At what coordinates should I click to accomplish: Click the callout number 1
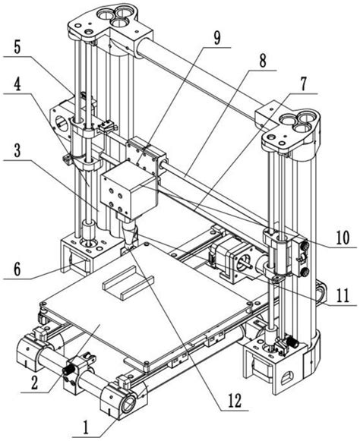[86, 428]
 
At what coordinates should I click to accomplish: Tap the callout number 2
[35, 383]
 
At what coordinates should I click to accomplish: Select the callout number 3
[17, 151]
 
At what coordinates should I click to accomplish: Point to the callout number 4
[17, 83]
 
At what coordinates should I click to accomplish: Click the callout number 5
[17, 47]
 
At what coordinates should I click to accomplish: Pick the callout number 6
[17, 269]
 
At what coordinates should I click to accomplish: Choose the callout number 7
[303, 83]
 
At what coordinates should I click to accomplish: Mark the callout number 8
[262, 60]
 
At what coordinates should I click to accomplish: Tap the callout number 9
[216, 37]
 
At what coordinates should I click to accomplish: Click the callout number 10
[343, 238]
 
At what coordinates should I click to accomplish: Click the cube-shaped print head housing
[128, 190]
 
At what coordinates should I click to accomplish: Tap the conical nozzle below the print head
[129, 233]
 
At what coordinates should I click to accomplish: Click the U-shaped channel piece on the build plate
[128, 284]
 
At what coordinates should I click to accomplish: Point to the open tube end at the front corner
[129, 405]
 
